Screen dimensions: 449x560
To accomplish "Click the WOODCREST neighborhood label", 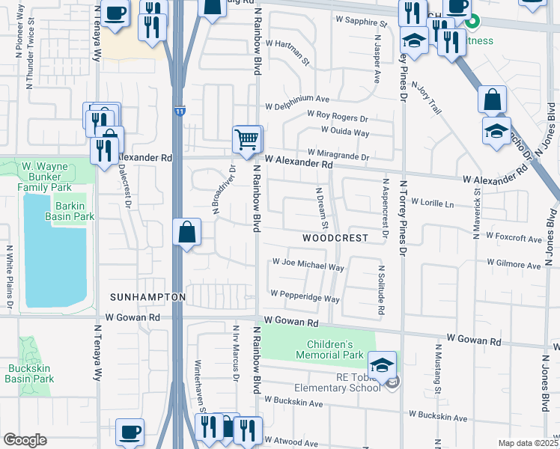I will point(335,238).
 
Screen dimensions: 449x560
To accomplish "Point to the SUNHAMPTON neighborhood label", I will point(147,297).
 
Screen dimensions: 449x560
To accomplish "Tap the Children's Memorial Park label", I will point(334,349).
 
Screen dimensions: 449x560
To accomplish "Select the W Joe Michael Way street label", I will point(308,265).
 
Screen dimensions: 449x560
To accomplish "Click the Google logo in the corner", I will point(25,440).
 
